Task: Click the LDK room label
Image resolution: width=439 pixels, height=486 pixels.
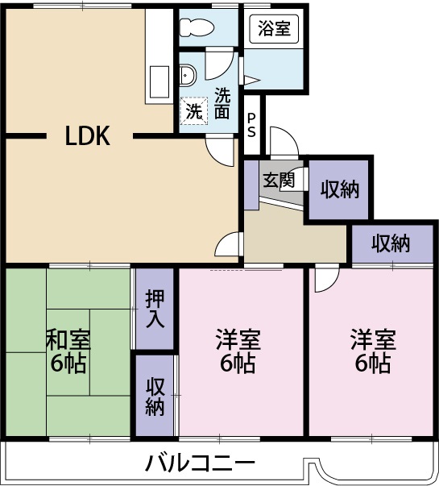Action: [87, 136]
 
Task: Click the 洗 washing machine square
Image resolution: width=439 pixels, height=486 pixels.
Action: [194, 110]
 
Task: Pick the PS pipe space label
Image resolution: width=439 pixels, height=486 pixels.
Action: [252, 123]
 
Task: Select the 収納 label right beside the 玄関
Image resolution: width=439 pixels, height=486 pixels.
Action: [339, 189]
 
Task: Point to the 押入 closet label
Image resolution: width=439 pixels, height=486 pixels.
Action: [155, 309]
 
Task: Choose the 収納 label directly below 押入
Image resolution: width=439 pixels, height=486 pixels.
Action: [155, 396]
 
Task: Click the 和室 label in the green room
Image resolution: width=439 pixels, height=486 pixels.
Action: [68, 339]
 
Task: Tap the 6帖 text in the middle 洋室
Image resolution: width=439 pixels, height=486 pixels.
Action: [238, 363]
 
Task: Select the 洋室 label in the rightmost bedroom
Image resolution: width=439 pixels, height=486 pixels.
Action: [372, 339]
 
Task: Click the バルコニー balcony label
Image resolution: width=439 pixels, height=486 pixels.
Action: [200, 463]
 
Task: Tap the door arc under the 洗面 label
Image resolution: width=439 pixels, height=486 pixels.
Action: [220, 147]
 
